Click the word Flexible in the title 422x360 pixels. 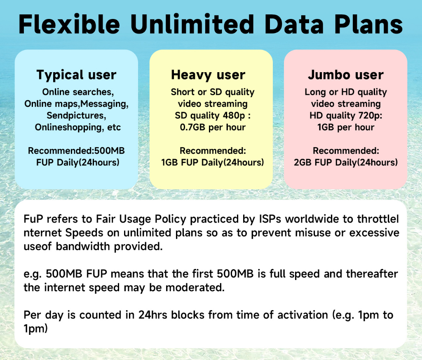[x=69, y=24]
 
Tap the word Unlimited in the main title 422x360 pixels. [x=192, y=24]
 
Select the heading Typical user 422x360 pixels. [x=76, y=75]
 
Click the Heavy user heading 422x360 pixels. [x=208, y=75]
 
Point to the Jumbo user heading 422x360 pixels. [x=346, y=75]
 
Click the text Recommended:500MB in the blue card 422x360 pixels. [x=76, y=151]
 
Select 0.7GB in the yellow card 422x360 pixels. [x=193, y=127]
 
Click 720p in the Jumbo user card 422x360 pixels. [x=370, y=115]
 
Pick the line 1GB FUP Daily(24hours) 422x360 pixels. [x=213, y=162]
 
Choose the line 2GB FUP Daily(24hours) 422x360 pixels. [x=346, y=162]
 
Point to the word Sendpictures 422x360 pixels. [x=76, y=115]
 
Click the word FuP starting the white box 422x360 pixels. [x=33, y=219]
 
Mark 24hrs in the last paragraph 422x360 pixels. [x=153, y=315]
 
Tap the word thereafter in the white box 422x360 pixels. [x=372, y=274]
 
